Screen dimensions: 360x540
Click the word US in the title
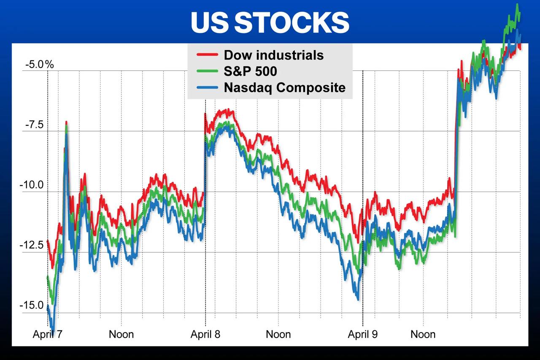point(210,22)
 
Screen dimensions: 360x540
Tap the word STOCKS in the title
point(292,22)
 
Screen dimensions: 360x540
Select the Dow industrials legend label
point(274,55)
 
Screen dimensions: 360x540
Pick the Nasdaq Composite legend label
point(285,87)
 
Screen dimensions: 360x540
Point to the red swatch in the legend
point(208,55)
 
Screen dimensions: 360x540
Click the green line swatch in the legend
point(208,71)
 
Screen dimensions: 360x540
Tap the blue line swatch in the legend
point(208,87)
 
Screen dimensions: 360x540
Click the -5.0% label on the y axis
point(40,65)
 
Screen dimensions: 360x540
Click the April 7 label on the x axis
point(48,334)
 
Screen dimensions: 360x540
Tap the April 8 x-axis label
point(205,334)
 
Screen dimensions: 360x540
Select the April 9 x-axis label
point(363,334)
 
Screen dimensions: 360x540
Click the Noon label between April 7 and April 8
point(121,334)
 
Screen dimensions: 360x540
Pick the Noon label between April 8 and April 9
point(278,334)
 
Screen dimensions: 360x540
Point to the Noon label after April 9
point(423,334)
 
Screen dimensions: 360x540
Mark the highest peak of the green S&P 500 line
point(517,5)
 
